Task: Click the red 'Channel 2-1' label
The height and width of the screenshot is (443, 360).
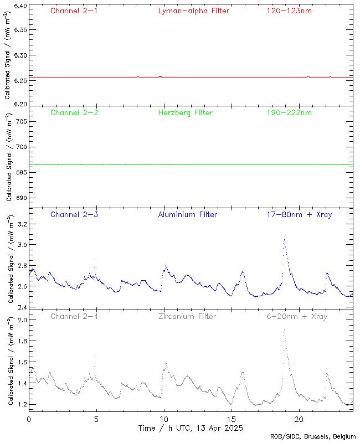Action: click(74, 11)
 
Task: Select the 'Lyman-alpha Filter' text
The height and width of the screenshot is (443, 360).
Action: click(193, 11)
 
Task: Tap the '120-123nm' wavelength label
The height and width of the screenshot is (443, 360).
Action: click(289, 11)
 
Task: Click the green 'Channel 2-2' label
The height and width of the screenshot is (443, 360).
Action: click(74, 113)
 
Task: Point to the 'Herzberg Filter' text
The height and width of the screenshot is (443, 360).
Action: click(185, 113)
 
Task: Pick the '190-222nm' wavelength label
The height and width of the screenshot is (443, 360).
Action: click(289, 113)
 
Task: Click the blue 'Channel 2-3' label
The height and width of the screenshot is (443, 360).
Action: click(74, 214)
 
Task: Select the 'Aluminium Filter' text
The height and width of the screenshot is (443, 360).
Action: click(187, 214)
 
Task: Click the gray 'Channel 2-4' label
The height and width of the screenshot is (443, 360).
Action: click(74, 317)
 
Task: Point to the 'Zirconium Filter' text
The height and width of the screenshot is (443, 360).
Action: click(187, 317)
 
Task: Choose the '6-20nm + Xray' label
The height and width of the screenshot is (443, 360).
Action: click(297, 317)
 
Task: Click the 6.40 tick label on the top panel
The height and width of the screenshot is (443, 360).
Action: click(20, 7)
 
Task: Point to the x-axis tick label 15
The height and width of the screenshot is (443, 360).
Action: click(232, 419)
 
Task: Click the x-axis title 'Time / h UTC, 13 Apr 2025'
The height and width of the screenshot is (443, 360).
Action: click(191, 428)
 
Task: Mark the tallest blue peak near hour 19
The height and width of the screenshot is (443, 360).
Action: click(284, 240)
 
